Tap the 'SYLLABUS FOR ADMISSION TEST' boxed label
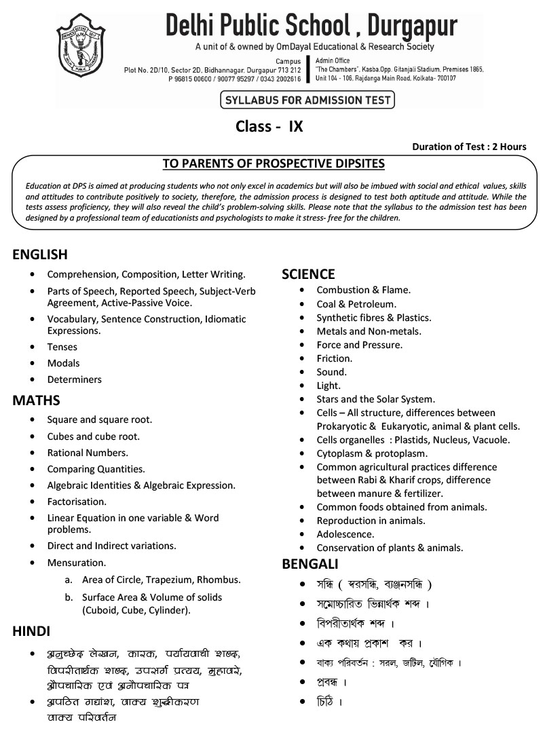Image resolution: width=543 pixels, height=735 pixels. pyautogui.click(x=307, y=100)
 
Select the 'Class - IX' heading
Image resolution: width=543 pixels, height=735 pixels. pyautogui.click(x=269, y=126)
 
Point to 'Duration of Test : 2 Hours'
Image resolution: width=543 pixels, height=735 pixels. pyautogui.click(x=469, y=147)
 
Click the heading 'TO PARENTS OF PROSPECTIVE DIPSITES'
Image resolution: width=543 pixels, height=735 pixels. pyautogui.click(x=274, y=164)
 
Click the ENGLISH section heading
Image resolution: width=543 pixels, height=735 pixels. pyautogui.click(x=40, y=255)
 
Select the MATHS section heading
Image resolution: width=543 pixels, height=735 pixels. pyautogui.click(x=36, y=400)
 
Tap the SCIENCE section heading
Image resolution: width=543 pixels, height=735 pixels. pyautogui.click(x=308, y=274)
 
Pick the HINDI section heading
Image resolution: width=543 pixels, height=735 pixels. pyautogui.click(x=31, y=631)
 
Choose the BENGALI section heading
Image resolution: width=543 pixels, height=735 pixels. pyautogui.click(x=310, y=564)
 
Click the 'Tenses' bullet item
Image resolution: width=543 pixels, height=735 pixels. pyautogui.click(x=62, y=347)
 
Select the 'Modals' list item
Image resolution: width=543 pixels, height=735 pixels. pyautogui.click(x=63, y=363)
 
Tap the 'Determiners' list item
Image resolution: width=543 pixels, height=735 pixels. pyautogui.click(x=74, y=379)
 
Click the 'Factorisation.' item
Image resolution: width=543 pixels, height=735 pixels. pyautogui.click(x=77, y=502)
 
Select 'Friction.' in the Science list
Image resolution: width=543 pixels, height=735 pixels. pyautogui.click(x=334, y=358)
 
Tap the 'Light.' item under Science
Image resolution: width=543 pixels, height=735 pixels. pyautogui.click(x=329, y=385)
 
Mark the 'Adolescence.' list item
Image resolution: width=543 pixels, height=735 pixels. pyautogui.click(x=345, y=534)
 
